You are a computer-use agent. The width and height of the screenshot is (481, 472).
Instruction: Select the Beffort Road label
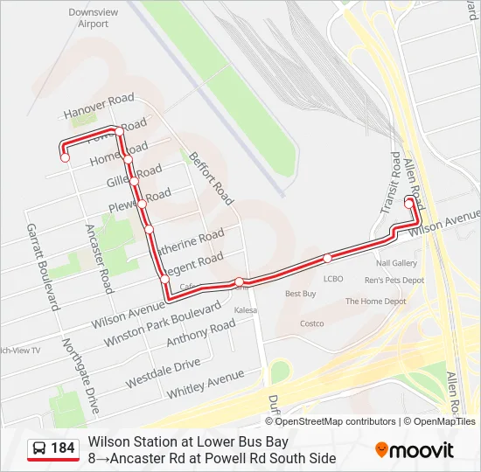point(212,177)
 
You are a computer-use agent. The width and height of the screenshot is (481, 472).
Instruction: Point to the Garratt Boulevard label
point(41,267)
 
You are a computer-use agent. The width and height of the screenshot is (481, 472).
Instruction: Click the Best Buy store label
point(300,294)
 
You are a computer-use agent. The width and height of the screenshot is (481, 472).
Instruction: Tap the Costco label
point(311,323)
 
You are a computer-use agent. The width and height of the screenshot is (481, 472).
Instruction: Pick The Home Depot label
point(376,302)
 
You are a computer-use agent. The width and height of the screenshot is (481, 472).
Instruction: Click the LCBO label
point(333,279)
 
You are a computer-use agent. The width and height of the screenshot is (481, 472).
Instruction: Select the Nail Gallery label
point(396,263)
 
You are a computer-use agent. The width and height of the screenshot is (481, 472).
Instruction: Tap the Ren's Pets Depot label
point(394,281)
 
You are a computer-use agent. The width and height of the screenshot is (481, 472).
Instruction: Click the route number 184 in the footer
point(63,448)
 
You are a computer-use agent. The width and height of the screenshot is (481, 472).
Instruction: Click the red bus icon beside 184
point(38,449)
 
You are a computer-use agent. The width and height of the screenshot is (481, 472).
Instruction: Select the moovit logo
point(415,450)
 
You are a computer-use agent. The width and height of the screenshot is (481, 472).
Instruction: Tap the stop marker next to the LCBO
point(327,258)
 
